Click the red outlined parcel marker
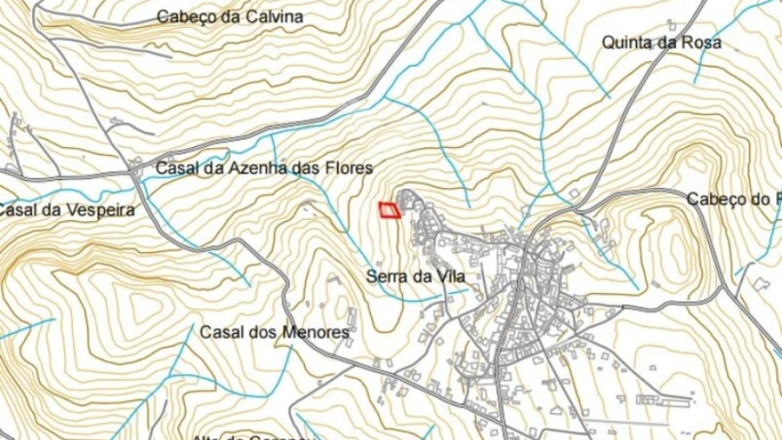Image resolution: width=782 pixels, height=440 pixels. click(390, 210)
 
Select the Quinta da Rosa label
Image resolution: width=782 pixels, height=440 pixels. click(661, 43)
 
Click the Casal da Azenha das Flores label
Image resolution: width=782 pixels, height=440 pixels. click(264, 168)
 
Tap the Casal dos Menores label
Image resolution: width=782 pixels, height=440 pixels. click(275, 332)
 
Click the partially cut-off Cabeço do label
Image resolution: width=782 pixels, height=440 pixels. click(733, 199)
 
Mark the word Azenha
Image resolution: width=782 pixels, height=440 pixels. click(249, 168)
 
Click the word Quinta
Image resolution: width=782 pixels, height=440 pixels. click(629, 43)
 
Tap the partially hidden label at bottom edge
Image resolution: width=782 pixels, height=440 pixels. click(252, 437)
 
